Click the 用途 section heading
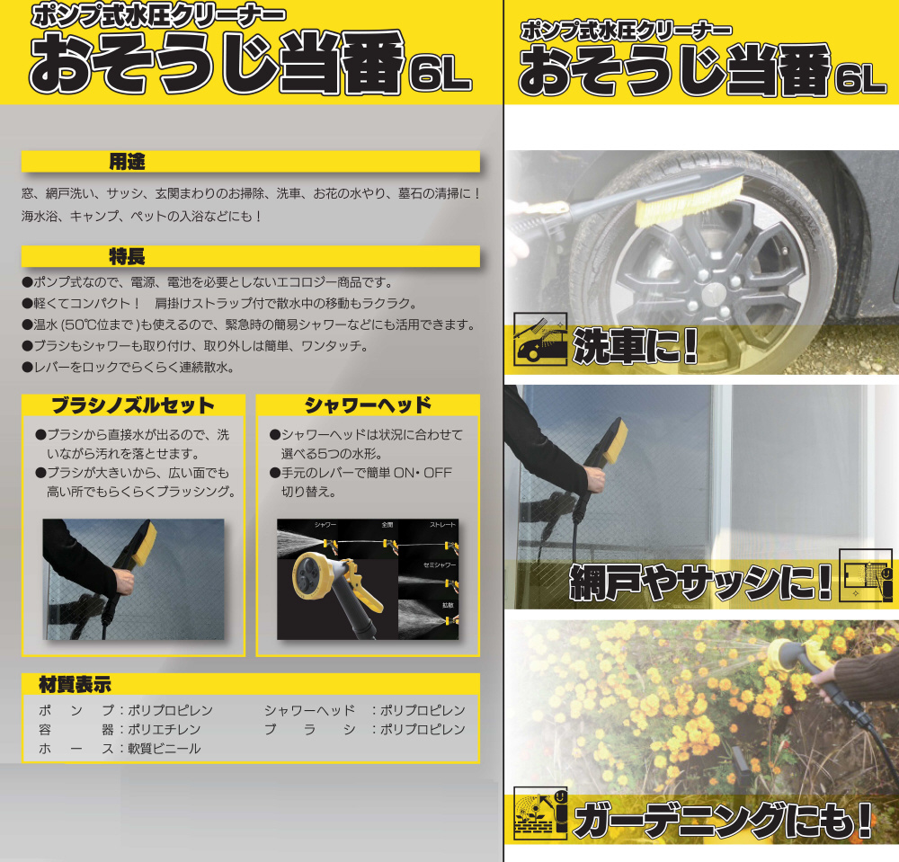127,162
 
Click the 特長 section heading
127,257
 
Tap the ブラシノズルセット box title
132,405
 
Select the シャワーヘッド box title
368,405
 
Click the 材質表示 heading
75,684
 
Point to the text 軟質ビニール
164,749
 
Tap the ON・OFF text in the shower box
423,473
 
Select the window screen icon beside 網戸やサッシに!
866,575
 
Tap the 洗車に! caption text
636,346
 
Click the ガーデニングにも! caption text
724,820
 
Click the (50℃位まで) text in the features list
101,324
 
